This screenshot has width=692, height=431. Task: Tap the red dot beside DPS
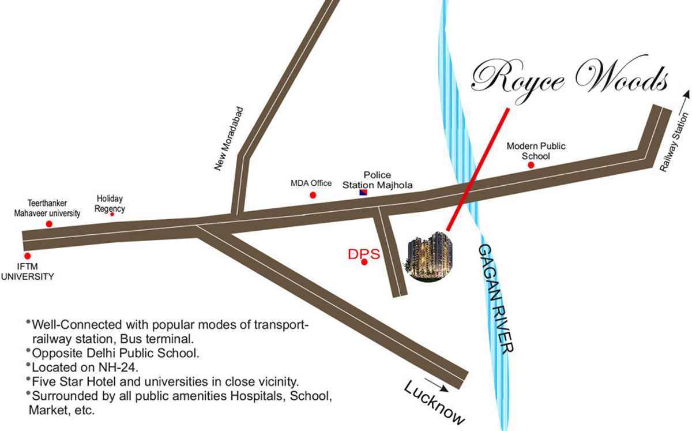tap(364, 263)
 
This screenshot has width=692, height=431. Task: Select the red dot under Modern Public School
tap(531, 165)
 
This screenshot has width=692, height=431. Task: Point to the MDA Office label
tap(311, 183)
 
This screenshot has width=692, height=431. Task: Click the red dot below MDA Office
tap(313, 195)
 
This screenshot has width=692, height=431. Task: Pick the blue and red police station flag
tap(363, 192)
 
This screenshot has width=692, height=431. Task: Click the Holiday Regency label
tap(110, 203)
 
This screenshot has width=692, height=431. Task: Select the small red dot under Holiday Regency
tap(112, 214)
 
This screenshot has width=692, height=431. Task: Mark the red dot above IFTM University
tap(27, 256)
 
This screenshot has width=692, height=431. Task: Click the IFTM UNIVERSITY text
tap(27, 272)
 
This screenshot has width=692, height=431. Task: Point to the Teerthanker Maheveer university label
tap(47, 208)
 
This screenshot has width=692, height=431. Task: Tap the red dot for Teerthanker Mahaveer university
tap(49, 224)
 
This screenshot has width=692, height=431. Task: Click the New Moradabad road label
tap(229, 138)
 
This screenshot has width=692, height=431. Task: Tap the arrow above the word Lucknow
tap(437, 384)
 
